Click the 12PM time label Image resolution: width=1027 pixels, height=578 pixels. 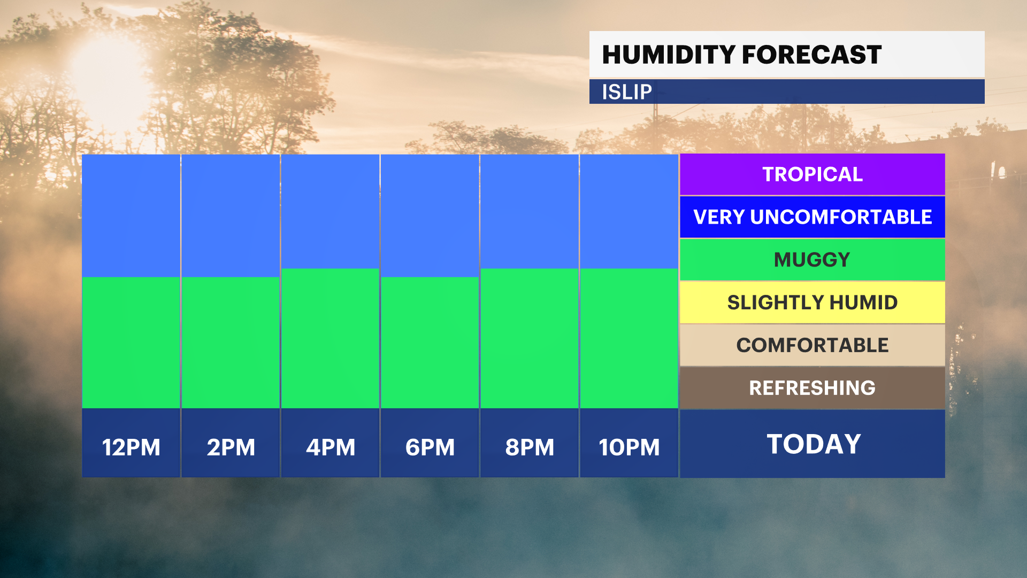131,447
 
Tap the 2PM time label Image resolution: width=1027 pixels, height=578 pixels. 231,447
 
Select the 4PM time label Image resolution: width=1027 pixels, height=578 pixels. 331,447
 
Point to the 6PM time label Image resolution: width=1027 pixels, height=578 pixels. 430,447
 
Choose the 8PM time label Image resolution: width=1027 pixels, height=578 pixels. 530,447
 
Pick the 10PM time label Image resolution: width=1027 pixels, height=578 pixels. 629,447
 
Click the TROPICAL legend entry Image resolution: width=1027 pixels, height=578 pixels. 813,174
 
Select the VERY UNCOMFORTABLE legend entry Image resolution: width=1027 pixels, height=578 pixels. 813,217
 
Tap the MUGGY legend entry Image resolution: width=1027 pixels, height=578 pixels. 813,260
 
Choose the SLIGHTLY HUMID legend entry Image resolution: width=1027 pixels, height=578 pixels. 813,302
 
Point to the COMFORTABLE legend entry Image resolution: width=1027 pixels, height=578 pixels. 813,345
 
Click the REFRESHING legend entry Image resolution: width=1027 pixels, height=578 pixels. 813,388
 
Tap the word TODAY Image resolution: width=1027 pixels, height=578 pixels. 814,444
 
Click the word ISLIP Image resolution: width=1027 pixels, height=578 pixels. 627,92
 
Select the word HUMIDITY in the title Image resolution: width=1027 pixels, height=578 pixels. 669,55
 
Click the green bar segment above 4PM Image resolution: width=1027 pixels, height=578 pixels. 331,338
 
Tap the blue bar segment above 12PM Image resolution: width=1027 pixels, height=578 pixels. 131,216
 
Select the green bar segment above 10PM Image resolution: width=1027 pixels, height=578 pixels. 629,338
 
